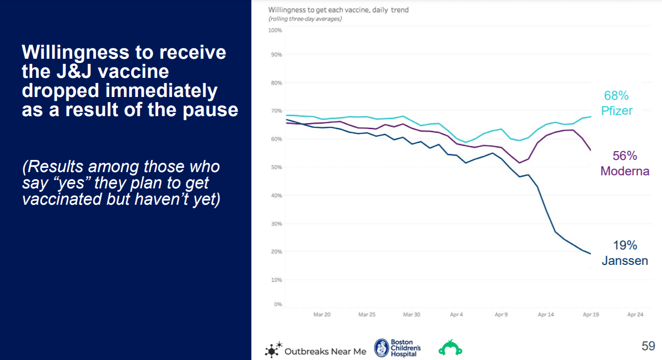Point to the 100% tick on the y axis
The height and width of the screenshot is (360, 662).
click(x=275, y=30)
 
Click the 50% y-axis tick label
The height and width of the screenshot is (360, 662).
click(x=276, y=167)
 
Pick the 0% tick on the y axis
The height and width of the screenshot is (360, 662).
click(x=278, y=304)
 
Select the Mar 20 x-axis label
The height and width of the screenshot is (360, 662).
click(x=322, y=315)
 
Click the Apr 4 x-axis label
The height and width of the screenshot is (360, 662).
click(x=456, y=315)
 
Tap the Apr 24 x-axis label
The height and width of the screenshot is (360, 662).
click(x=635, y=315)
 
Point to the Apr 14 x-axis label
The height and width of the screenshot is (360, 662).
click(x=546, y=315)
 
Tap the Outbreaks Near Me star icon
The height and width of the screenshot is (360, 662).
click(x=273, y=350)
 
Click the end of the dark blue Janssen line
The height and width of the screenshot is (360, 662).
click(x=591, y=254)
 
